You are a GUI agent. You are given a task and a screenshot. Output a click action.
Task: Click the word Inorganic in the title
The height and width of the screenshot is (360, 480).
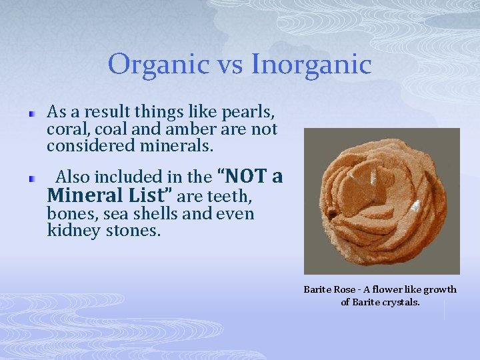pyautogui.click(x=311, y=65)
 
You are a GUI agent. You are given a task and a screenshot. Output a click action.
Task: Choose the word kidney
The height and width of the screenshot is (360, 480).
pyautogui.click(x=69, y=231)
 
